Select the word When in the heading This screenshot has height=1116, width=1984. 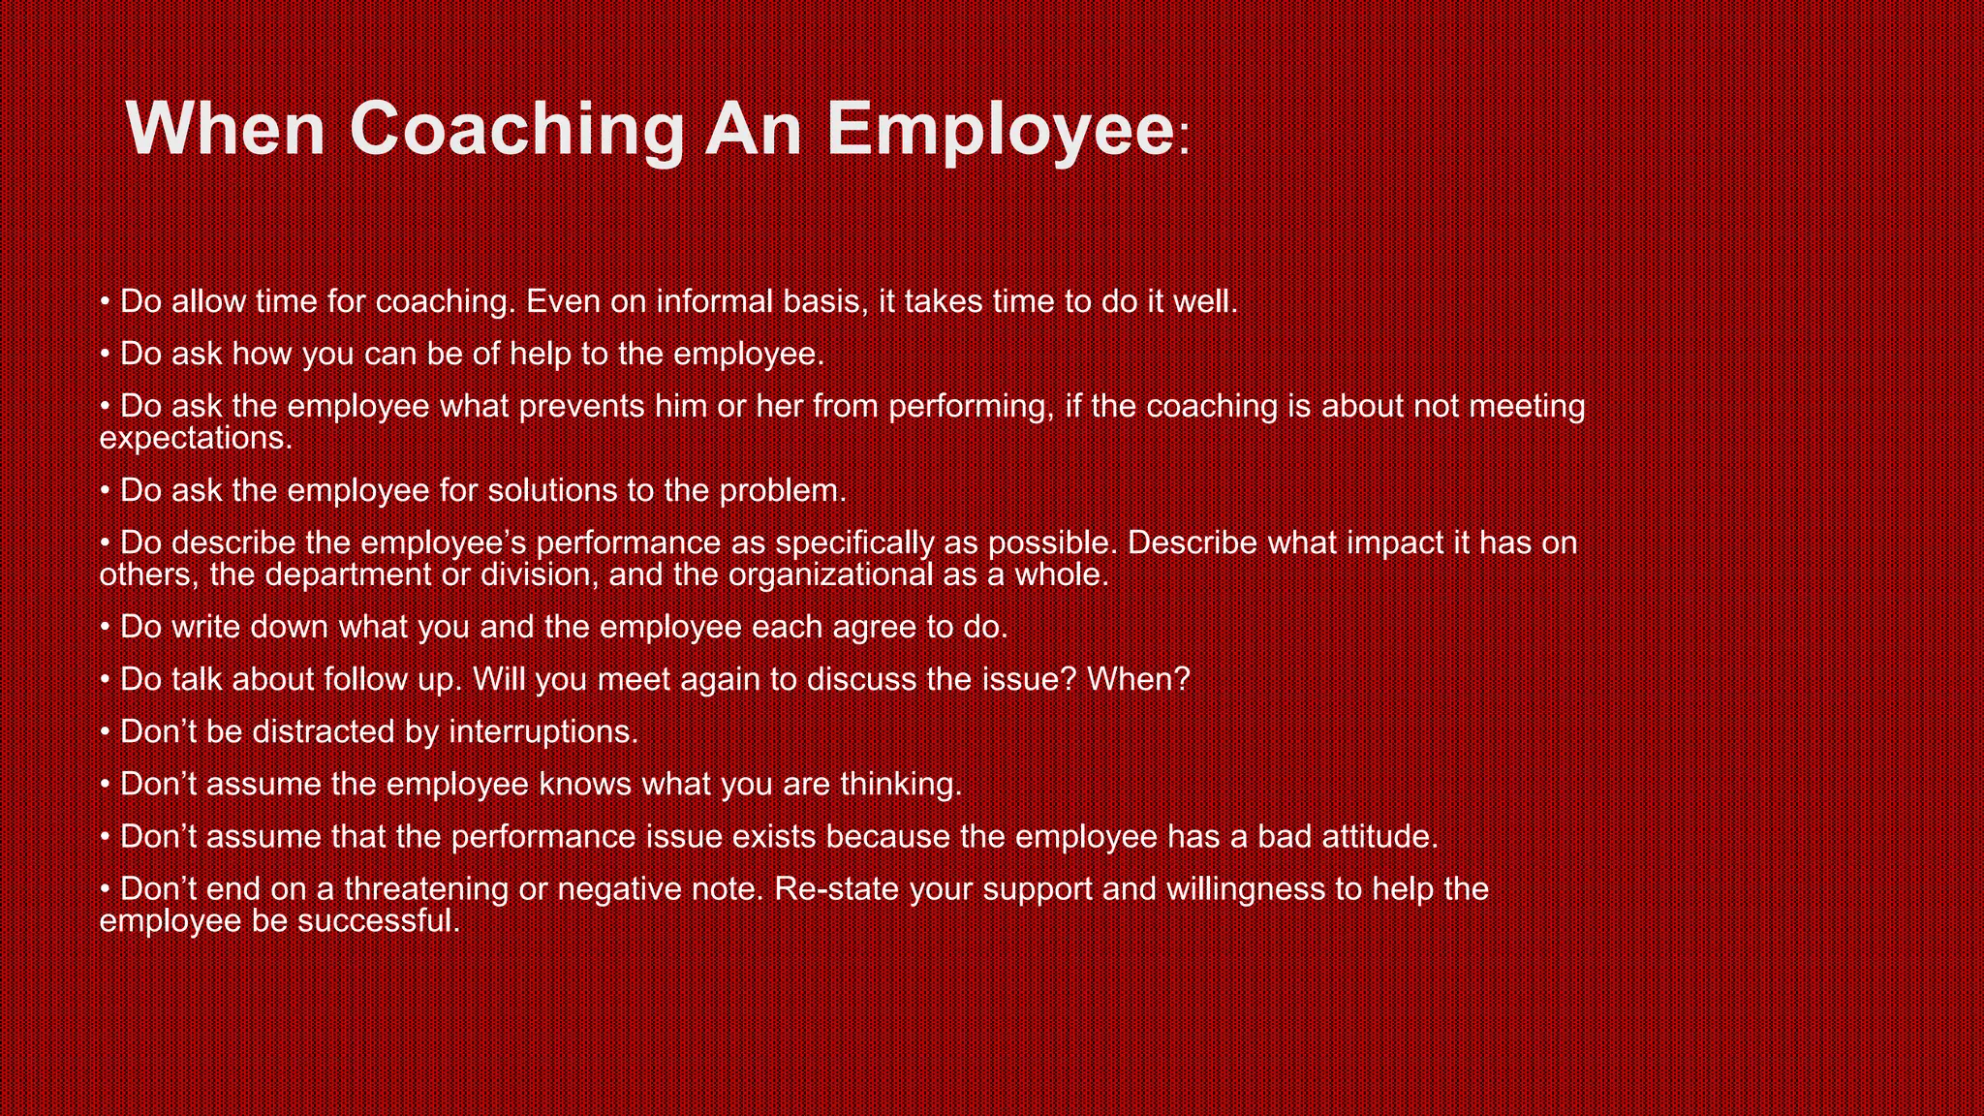225,129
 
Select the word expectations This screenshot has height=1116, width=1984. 196,439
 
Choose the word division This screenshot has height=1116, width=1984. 536,575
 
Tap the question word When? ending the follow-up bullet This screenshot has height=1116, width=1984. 1138,679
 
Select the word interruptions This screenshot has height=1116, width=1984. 543,731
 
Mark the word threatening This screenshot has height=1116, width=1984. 426,888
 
